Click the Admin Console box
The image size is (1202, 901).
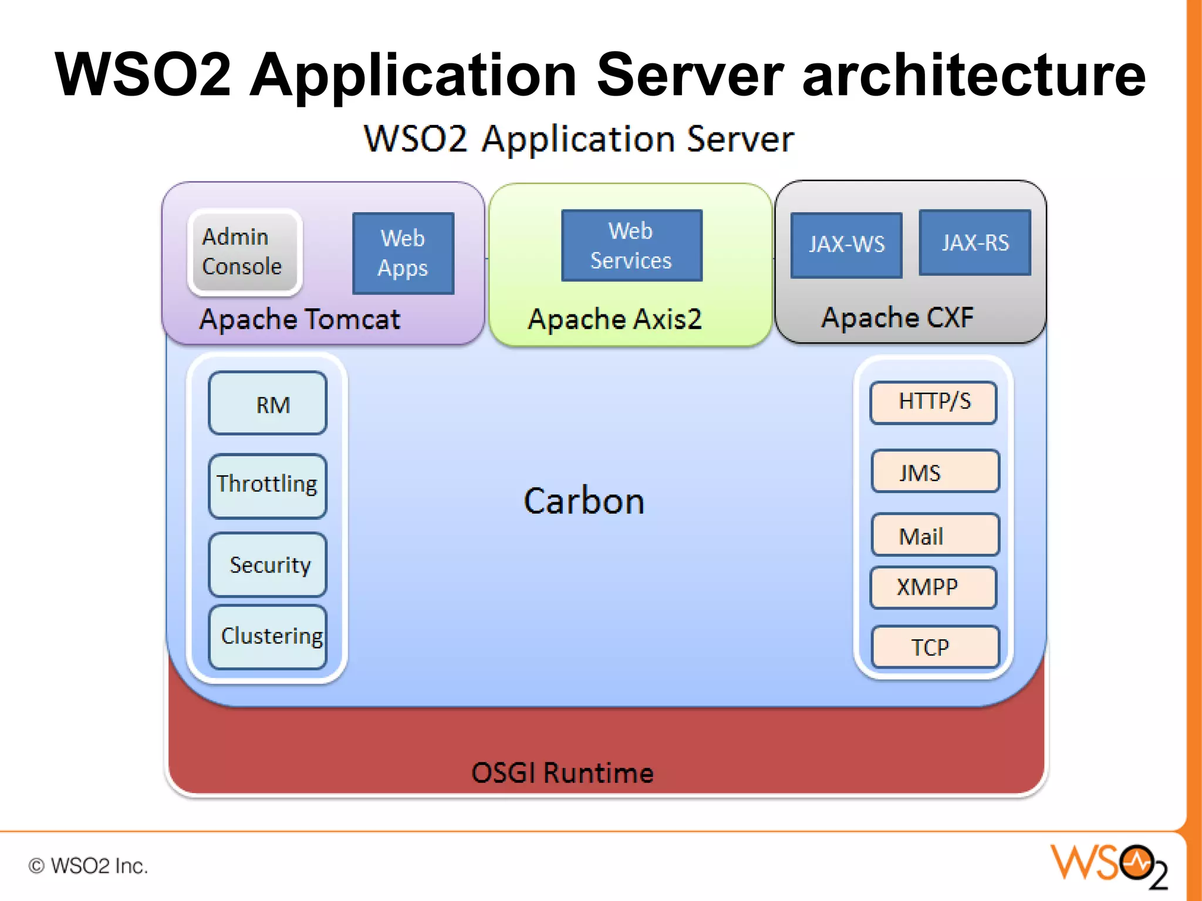pyautogui.click(x=244, y=252)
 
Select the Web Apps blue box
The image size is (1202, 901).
pyautogui.click(x=403, y=253)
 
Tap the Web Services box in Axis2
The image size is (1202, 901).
pyautogui.click(x=632, y=245)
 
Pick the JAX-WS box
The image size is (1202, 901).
pyautogui.click(x=846, y=245)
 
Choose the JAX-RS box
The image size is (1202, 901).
pyautogui.click(x=975, y=242)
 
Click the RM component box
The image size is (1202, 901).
pyautogui.click(x=268, y=404)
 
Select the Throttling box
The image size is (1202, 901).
pyautogui.click(x=268, y=486)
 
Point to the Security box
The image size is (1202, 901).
pyautogui.click(x=268, y=564)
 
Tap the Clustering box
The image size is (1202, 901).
pyautogui.click(x=268, y=637)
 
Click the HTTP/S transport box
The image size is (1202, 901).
pyautogui.click(x=933, y=402)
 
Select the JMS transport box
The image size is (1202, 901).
pyautogui.click(x=935, y=471)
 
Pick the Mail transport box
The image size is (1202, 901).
pyautogui.click(x=935, y=535)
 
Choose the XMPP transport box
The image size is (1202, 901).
pyautogui.click(x=933, y=587)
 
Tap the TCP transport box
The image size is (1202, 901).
pyautogui.click(x=935, y=647)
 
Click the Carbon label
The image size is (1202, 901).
pyautogui.click(x=584, y=502)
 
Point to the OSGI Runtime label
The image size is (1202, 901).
pyautogui.click(x=562, y=773)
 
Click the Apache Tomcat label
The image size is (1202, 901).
pyautogui.click(x=300, y=320)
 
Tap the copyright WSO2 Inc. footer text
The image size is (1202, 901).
pyautogui.click(x=88, y=866)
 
